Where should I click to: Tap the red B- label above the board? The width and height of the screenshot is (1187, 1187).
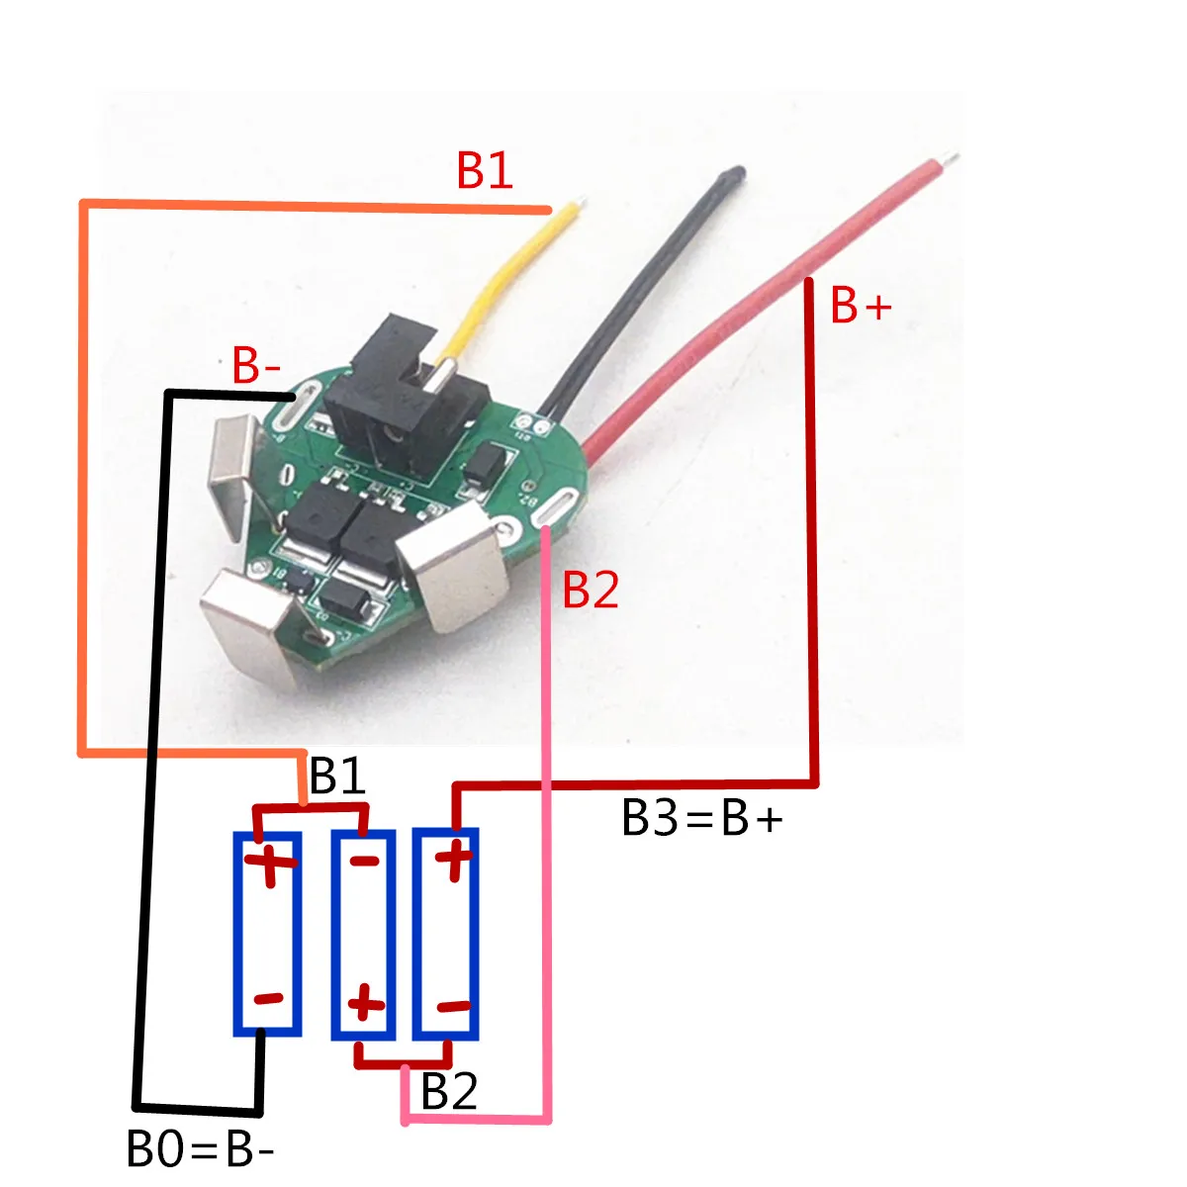tap(257, 366)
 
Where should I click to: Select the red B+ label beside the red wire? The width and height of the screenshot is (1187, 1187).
tap(861, 306)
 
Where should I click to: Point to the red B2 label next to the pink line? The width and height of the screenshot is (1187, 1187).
tap(591, 590)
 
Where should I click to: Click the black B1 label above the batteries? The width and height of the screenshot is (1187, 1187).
tap(337, 776)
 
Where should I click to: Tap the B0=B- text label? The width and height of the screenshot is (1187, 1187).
tap(201, 1150)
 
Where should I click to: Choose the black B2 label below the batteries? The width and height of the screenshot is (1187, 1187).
tap(449, 1092)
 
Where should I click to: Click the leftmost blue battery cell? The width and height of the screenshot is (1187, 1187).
tap(267, 934)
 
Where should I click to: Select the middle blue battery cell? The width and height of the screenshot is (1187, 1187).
tap(363, 934)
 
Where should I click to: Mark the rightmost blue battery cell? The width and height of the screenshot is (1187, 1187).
tap(446, 934)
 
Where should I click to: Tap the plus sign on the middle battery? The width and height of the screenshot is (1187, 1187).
tap(365, 1005)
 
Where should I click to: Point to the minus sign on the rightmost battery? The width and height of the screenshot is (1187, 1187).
tap(453, 1007)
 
